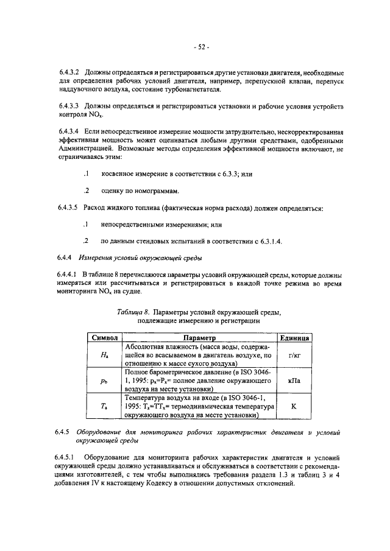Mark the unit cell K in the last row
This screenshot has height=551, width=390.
[294, 406]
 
